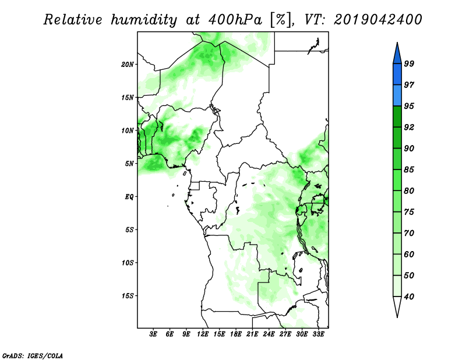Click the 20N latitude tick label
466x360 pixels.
click(x=128, y=65)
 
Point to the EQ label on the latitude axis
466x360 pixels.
click(x=129, y=197)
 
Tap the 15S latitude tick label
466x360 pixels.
click(x=128, y=296)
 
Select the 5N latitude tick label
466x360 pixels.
click(x=129, y=164)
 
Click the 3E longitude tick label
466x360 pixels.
click(x=153, y=334)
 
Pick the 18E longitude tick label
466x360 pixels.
click(x=236, y=334)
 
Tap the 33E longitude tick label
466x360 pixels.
click(x=318, y=334)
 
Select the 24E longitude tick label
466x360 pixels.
click(x=269, y=334)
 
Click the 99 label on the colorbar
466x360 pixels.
click(x=409, y=63)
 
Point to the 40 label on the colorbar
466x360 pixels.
click(x=409, y=297)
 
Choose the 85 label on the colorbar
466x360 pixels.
click(x=409, y=170)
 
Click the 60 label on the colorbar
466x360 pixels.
click(x=409, y=254)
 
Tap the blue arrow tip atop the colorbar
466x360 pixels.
click(x=397, y=43)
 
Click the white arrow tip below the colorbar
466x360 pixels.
click(x=397, y=317)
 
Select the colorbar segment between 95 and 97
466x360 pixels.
click(x=397, y=96)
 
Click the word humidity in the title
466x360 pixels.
click(x=144, y=20)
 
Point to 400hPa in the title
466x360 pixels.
click(x=235, y=20)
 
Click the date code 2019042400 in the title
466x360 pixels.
click(x=377, y=20)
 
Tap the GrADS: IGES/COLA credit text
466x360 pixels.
click(x=33, y=355)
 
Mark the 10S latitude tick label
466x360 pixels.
click(x=128, y=263)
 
